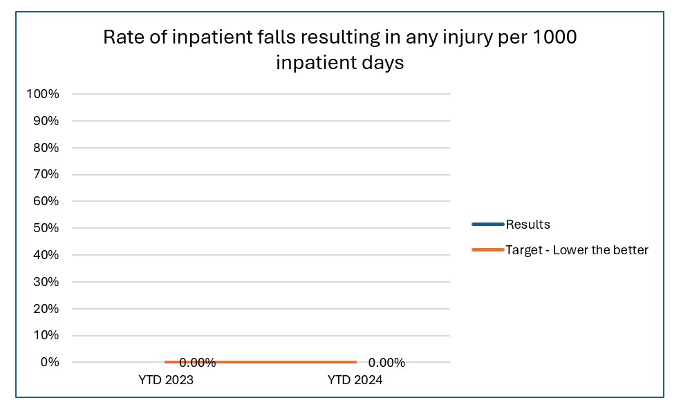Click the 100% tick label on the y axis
[42, 94]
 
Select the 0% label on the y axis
[48, 362]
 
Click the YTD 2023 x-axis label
[166, 380]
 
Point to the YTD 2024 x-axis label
[355, 380]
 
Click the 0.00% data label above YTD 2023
[198, 363]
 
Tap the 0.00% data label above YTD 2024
[386, 363]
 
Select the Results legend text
[528, 225]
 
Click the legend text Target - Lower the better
[577, 250]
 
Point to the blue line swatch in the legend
[487, 225]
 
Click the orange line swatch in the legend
[487, 250]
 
